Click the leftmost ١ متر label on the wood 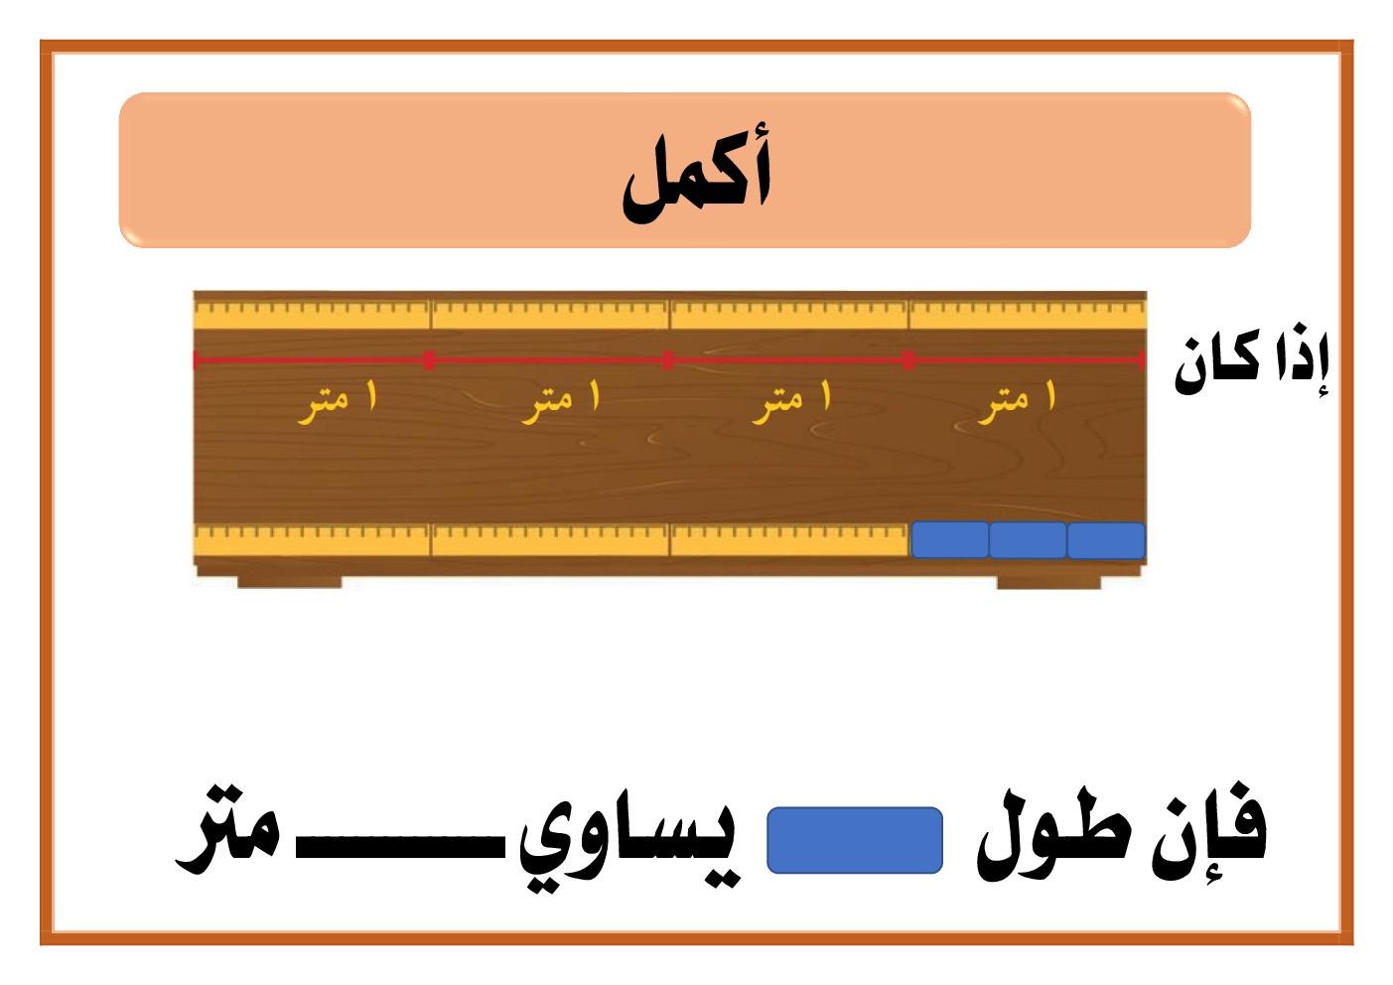pos(338,401)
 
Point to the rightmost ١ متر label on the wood pos(1017,401)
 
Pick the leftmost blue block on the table pos(949,540)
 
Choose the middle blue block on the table pos(1028,540)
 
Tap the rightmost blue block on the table pos(1106,540)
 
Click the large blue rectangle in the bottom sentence pos(855,840)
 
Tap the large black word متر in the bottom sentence pos(229,830)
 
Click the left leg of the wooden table pos(289,582)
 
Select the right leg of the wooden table pos(1048,582)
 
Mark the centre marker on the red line pos(668,359)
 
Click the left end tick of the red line pos(196,359)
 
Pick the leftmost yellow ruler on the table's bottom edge pos(312,541)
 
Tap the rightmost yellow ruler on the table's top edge pos(1028,314)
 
